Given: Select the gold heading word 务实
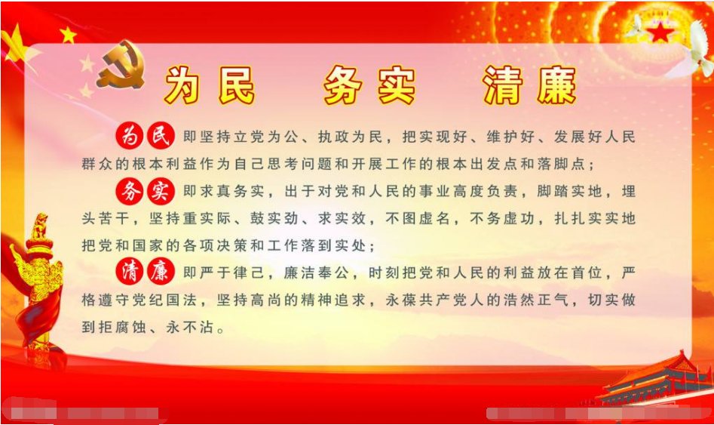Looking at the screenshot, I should (x=369, y=85).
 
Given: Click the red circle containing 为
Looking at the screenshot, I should (x=130, y=137).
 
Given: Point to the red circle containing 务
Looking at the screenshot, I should (x=130, y=192).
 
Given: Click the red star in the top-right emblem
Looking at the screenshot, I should (x=661, y=32).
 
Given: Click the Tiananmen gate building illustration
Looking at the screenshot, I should (x=656, y=381).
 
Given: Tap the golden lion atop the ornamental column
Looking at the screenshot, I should (x=39, y=226).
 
